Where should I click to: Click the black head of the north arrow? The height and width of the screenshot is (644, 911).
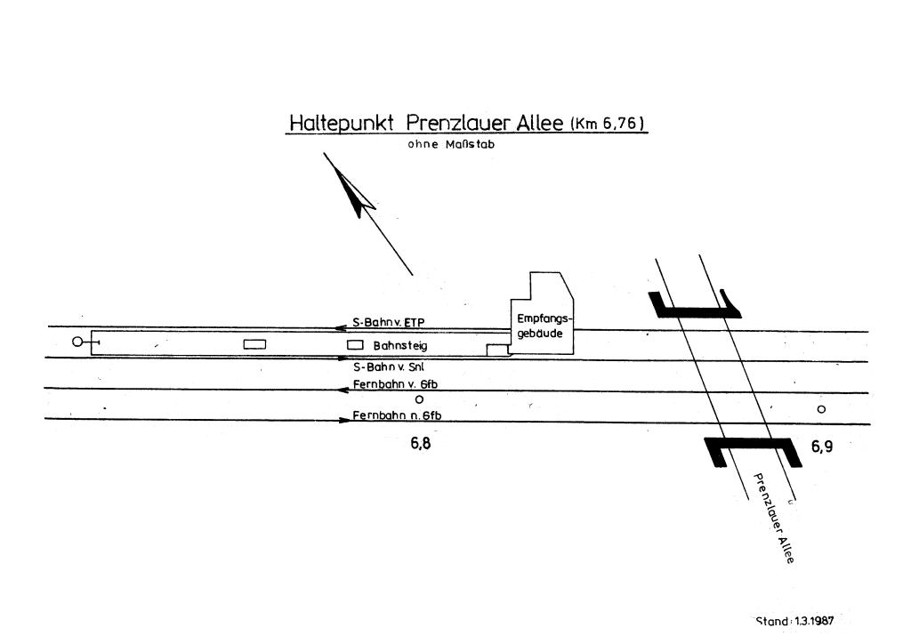(x=355, y=195)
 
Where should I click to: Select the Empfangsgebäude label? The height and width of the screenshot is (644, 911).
(x=542, y=325)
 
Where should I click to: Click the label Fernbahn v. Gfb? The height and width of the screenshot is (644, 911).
(x=396, y=383)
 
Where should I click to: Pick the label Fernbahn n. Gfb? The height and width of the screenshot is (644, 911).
(x=396, y=415)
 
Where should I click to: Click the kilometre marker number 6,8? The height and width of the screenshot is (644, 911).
(x=420, y=445)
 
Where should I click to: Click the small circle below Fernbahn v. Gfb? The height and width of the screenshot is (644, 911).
(x=407, y=399)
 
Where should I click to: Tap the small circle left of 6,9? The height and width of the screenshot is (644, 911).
(x=821, y=409)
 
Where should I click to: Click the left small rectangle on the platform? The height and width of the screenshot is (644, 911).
(x=255, y=343)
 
